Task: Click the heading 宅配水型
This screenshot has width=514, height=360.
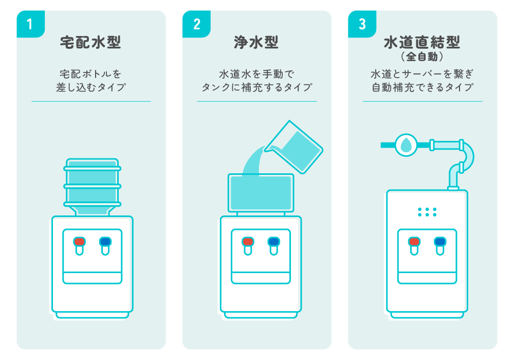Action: click(91, 42)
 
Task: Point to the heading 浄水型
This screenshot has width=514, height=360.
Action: click(256, 42)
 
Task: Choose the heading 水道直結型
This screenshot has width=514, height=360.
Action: click(422, 41)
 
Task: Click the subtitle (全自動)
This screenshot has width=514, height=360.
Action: click(422, 56)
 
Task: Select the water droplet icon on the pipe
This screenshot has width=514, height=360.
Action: click(406, 145)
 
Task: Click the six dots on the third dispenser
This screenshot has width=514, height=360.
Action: click(427, 212)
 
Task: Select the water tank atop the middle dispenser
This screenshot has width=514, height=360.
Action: click(261, 193)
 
